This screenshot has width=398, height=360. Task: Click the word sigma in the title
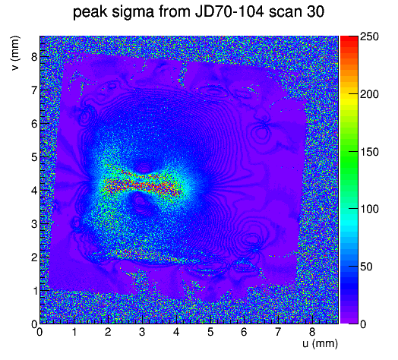click(133, 12)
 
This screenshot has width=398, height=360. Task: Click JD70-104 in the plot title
click(229, 11)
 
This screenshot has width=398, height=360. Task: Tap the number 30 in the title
click(315, 11)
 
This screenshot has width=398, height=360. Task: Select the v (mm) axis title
click(15, 53)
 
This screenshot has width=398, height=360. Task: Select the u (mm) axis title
click(320, 343)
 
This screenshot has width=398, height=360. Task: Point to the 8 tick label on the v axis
click(34, 57)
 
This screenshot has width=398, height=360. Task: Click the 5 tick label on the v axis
click(34, 157)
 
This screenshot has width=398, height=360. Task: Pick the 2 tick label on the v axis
click(34, 257)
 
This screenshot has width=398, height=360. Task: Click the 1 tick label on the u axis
click(74, 332)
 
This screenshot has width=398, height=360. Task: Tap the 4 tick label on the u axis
click(176, 332)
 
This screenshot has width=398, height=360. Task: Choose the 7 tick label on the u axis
click(278, 332)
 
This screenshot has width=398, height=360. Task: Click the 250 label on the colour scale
click(369, 36)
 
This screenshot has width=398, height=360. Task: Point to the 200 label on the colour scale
click(369, 94)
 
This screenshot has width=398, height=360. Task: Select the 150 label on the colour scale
click(369, 152)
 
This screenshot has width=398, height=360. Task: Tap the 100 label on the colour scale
click(369, 209)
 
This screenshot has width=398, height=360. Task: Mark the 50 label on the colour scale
click(366, 267)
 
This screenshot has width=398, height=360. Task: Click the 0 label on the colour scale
click(363, 324)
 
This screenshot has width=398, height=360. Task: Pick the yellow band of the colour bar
click(349, 99)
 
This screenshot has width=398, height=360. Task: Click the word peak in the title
click(90, 12)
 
